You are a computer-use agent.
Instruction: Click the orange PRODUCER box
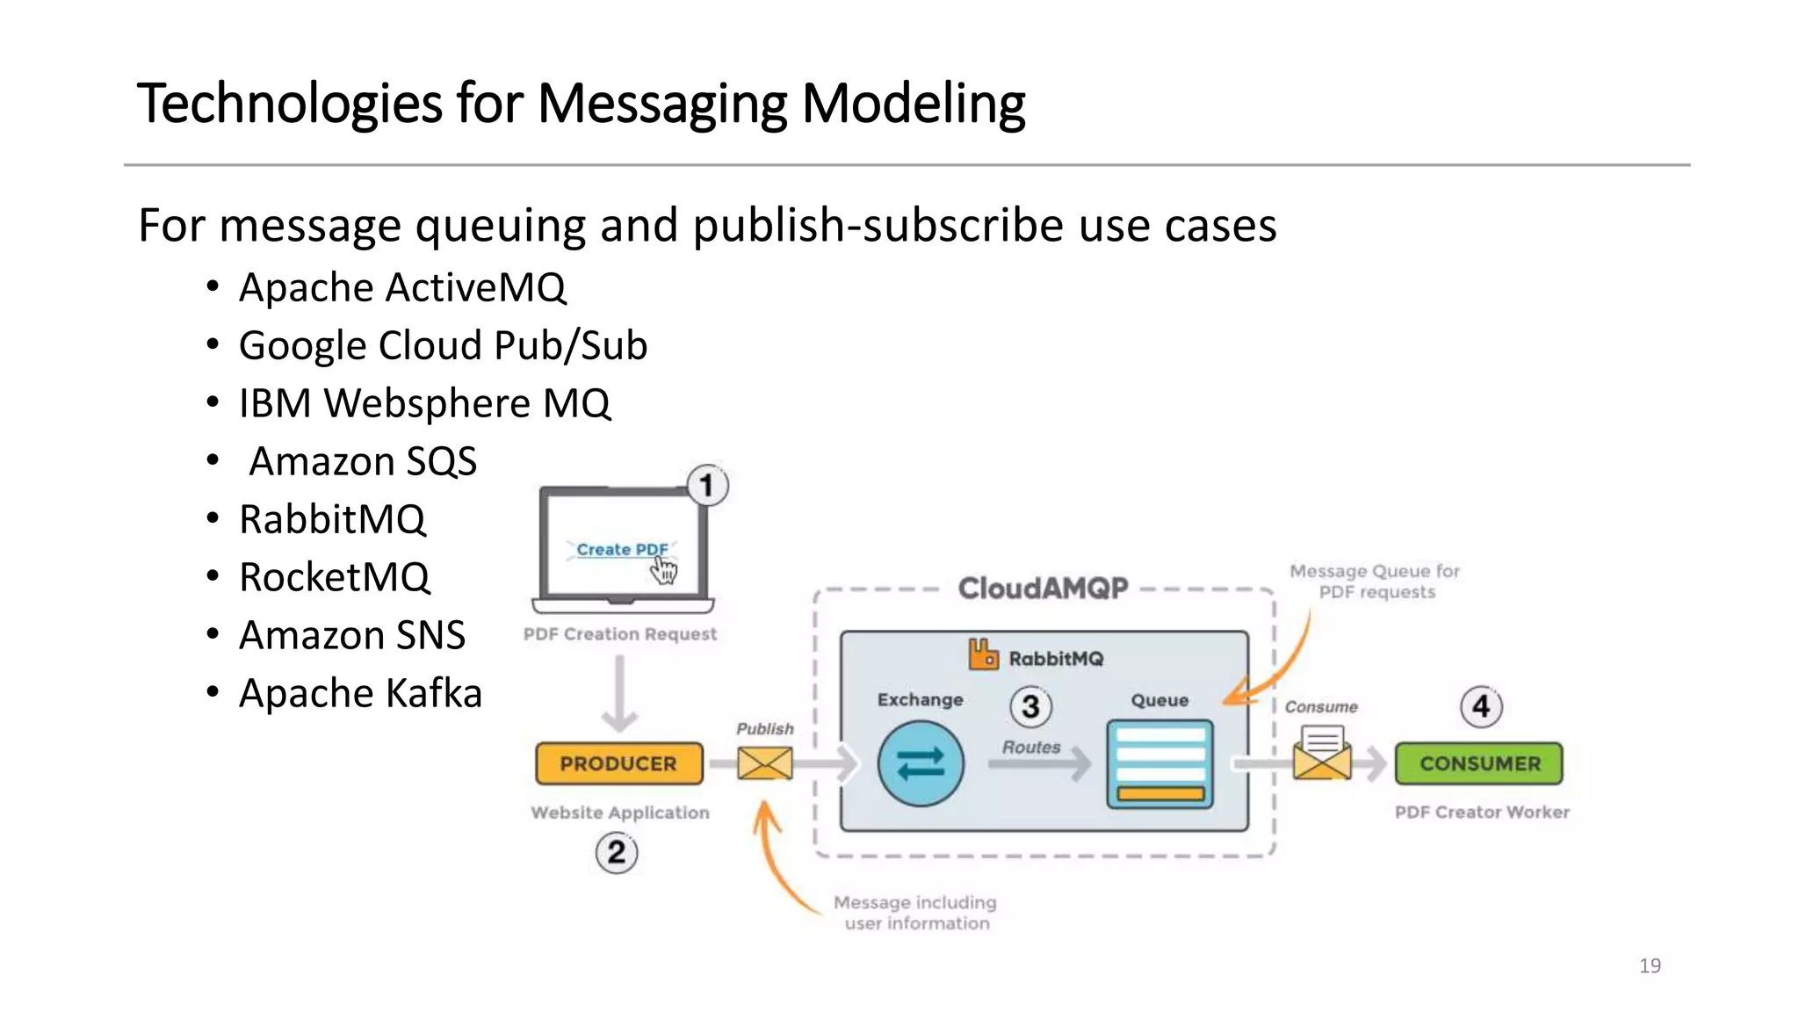(x=618, y=763)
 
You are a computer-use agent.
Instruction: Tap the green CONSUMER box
(x=1479, y=763)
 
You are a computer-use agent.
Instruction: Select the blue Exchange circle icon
(x=920, y=763)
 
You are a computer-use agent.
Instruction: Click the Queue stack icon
(x=1160, y=764)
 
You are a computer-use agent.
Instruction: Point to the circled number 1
(x=707, y=486)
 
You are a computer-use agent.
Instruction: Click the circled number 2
(x=617, y=852)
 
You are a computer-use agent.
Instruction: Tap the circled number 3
(x=1030, y=706)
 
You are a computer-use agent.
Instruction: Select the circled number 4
(x=1481, y=706)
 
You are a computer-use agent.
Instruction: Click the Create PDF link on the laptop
(x=622, y=549)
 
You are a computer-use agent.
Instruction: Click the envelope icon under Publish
(x=764, y=763)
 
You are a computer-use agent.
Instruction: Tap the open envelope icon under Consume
(x=1321, y=754)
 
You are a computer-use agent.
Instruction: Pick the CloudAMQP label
(x=1043, y=588)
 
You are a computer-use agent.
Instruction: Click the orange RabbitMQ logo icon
(x=983, y=654)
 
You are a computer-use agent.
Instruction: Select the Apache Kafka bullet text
(x=360, y=693)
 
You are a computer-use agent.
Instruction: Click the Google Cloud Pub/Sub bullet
(x=443, y=345)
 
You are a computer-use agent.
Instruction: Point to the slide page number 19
(x=1650, y=965)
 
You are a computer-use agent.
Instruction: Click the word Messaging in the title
(x=662, y=105)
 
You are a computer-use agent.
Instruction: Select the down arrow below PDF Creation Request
(x=620, y=694)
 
